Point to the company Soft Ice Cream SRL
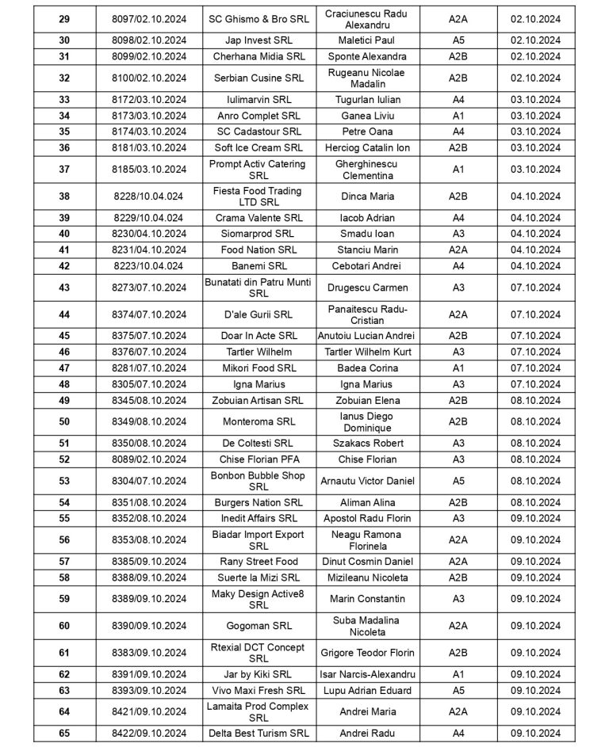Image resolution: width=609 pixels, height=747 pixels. [259, 147]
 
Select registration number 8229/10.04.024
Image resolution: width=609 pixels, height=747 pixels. [149, 218]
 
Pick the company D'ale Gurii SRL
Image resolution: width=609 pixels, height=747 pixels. [259, 314]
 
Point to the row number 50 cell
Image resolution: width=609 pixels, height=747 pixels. [64, 421]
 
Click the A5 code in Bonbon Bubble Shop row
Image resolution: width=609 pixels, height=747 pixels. [458, 481]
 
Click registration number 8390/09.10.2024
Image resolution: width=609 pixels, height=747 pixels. [149, 626]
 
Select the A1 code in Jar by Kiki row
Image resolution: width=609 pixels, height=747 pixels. [458, 674]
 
